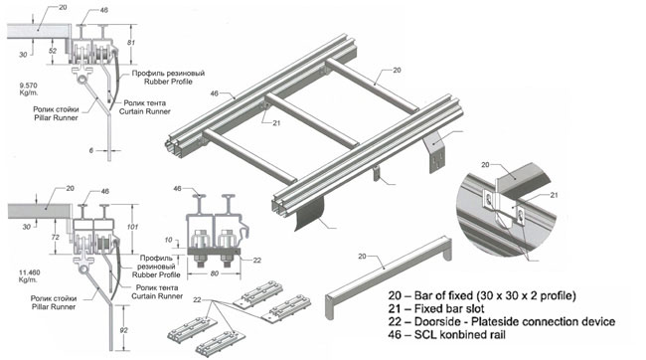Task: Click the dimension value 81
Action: click(x=131, y=42)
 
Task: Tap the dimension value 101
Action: click(x=132, y=227)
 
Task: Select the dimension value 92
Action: click(x=123, y=330)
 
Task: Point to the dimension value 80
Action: click(x=215, y=273)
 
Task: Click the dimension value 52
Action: click(x=53, y=51)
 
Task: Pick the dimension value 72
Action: click(x=56, y=237)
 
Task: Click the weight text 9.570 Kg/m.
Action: click(x=29, y=89)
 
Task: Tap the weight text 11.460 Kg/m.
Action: click(x=30, y=275)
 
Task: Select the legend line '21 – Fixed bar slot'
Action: click(x=436, y=308)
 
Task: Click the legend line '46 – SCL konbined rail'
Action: click(x=446, y=334)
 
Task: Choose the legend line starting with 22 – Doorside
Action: click(x=501, y=321)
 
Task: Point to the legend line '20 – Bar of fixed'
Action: click(x=482, y=295)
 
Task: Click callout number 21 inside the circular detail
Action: click(x=554, y=195)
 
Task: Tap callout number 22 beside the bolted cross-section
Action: click(x=257, y=261)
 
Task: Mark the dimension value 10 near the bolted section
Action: click(x=168, y=240)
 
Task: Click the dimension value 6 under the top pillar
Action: click(x=91, y=150)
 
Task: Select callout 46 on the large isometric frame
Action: click(x=215, y=93)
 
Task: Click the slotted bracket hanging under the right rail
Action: click(x=434, y=152)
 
